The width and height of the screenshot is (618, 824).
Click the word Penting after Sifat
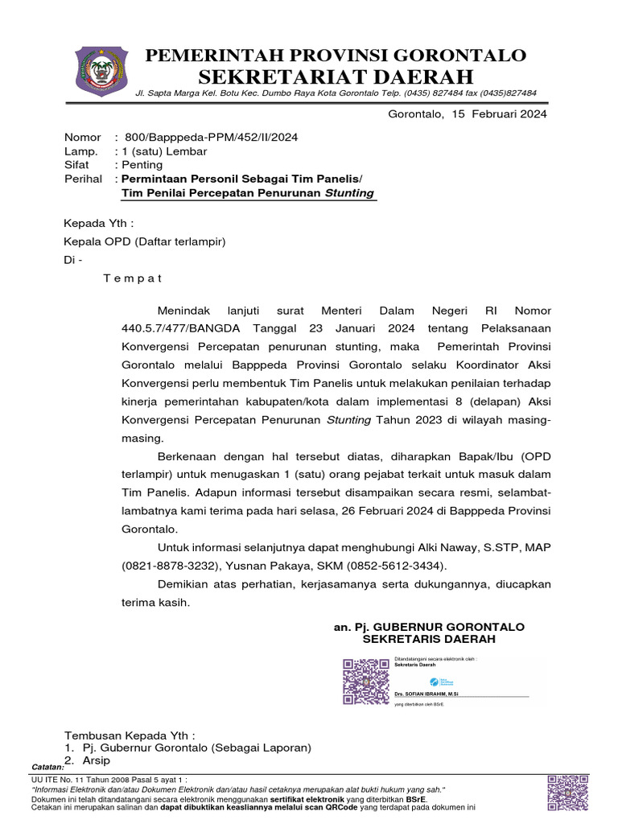[x=142, y=165]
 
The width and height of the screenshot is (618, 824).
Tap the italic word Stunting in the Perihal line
[x=349, y=193]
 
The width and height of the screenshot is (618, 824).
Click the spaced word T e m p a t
[x=133, y=278]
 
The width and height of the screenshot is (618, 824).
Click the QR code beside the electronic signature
[x=365, y=682]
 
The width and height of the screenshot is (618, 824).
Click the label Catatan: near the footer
[x=47, y=767]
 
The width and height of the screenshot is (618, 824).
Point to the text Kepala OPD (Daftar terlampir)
[x=145, y=241]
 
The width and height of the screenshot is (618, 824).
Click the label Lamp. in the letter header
[x=81, y=151]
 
